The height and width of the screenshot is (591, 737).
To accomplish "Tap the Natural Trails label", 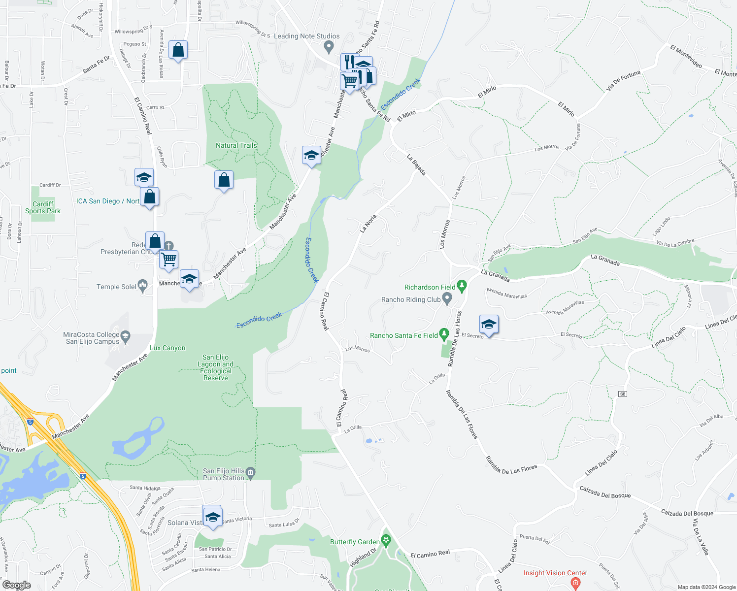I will (x=236, y=145).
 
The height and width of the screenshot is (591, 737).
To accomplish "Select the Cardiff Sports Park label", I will (x=43, y=207).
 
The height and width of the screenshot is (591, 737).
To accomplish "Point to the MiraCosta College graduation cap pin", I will (x=125, y=337).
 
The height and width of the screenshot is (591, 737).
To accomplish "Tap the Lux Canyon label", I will (x=167, y=348).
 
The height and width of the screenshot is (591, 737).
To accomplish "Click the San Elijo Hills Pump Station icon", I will (x=251, y=473).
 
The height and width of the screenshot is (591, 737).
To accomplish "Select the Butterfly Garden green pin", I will (x=386, y=541).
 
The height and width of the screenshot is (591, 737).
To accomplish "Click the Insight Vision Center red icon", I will (x=575, y=583).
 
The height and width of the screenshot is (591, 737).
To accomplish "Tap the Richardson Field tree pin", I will (x=462, y=286).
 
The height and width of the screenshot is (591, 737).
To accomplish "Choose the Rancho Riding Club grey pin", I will (x=447, y=298).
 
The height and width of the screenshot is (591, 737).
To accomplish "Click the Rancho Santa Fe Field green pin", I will (x=444, y=334).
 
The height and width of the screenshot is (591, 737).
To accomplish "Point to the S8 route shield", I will (x=623, y=394).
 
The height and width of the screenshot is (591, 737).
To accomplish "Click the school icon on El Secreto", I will (x=488, y=325).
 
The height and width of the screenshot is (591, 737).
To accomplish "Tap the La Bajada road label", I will (x=416, y=164).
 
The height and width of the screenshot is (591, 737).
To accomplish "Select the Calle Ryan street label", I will (x=162, y=157).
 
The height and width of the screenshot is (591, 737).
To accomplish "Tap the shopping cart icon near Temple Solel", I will (x=169, y=259).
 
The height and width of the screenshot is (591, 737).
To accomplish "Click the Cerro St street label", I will (x=155, y=107).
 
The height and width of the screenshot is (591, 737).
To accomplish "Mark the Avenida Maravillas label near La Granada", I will (x=506, y=293).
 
